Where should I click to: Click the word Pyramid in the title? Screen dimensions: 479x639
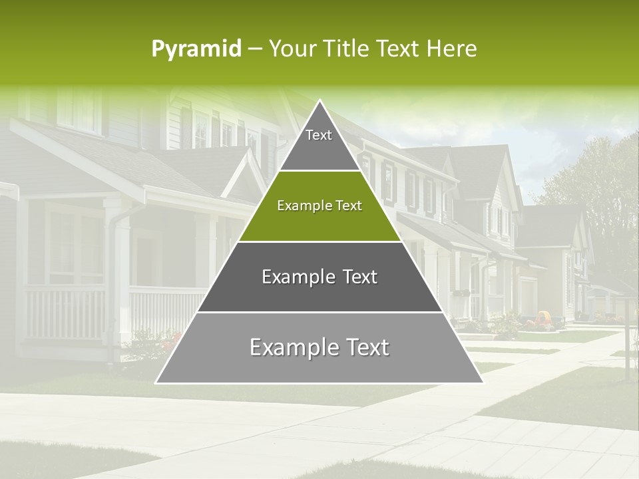tap(196, 49)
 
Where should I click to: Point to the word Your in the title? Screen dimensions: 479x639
tap(292, 49)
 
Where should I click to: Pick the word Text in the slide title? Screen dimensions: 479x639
tap(399, 49)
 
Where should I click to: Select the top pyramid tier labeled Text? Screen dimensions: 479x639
tap(319, 143)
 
